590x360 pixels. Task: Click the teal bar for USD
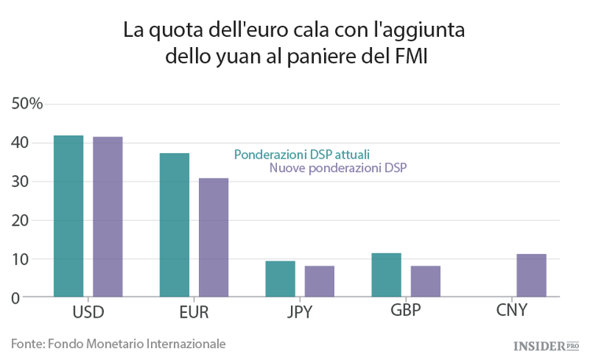tap(68, 216)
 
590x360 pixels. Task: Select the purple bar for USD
tap(108, 217)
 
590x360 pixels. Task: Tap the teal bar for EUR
tap(175, 225)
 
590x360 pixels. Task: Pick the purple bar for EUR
tap(213, 237)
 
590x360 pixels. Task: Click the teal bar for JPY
tap(280, 279)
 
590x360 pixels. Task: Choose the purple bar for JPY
tap(319, 281)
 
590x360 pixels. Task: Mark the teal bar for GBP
tap(386, 275)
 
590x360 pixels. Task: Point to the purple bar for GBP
tap(426, 281)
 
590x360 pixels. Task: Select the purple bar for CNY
tap(531, 276)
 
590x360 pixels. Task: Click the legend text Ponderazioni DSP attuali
tap(302, 154)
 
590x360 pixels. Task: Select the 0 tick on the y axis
tap(15, 298)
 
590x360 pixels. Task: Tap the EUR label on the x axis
tap(194, 312)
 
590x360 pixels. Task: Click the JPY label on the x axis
tap(299, 312)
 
